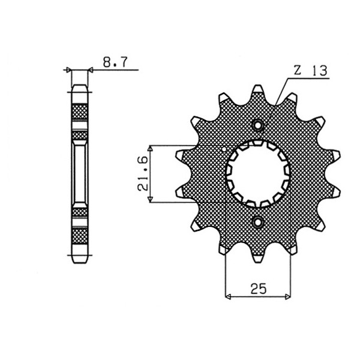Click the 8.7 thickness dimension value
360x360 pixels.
115,62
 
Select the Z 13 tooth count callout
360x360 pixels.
310,70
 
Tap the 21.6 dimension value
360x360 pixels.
143,173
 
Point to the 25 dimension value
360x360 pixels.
258,289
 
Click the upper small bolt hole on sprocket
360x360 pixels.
257,125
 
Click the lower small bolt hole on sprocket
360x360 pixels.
257,222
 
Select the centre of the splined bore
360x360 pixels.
257,174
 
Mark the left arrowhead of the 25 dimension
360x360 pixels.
228,297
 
